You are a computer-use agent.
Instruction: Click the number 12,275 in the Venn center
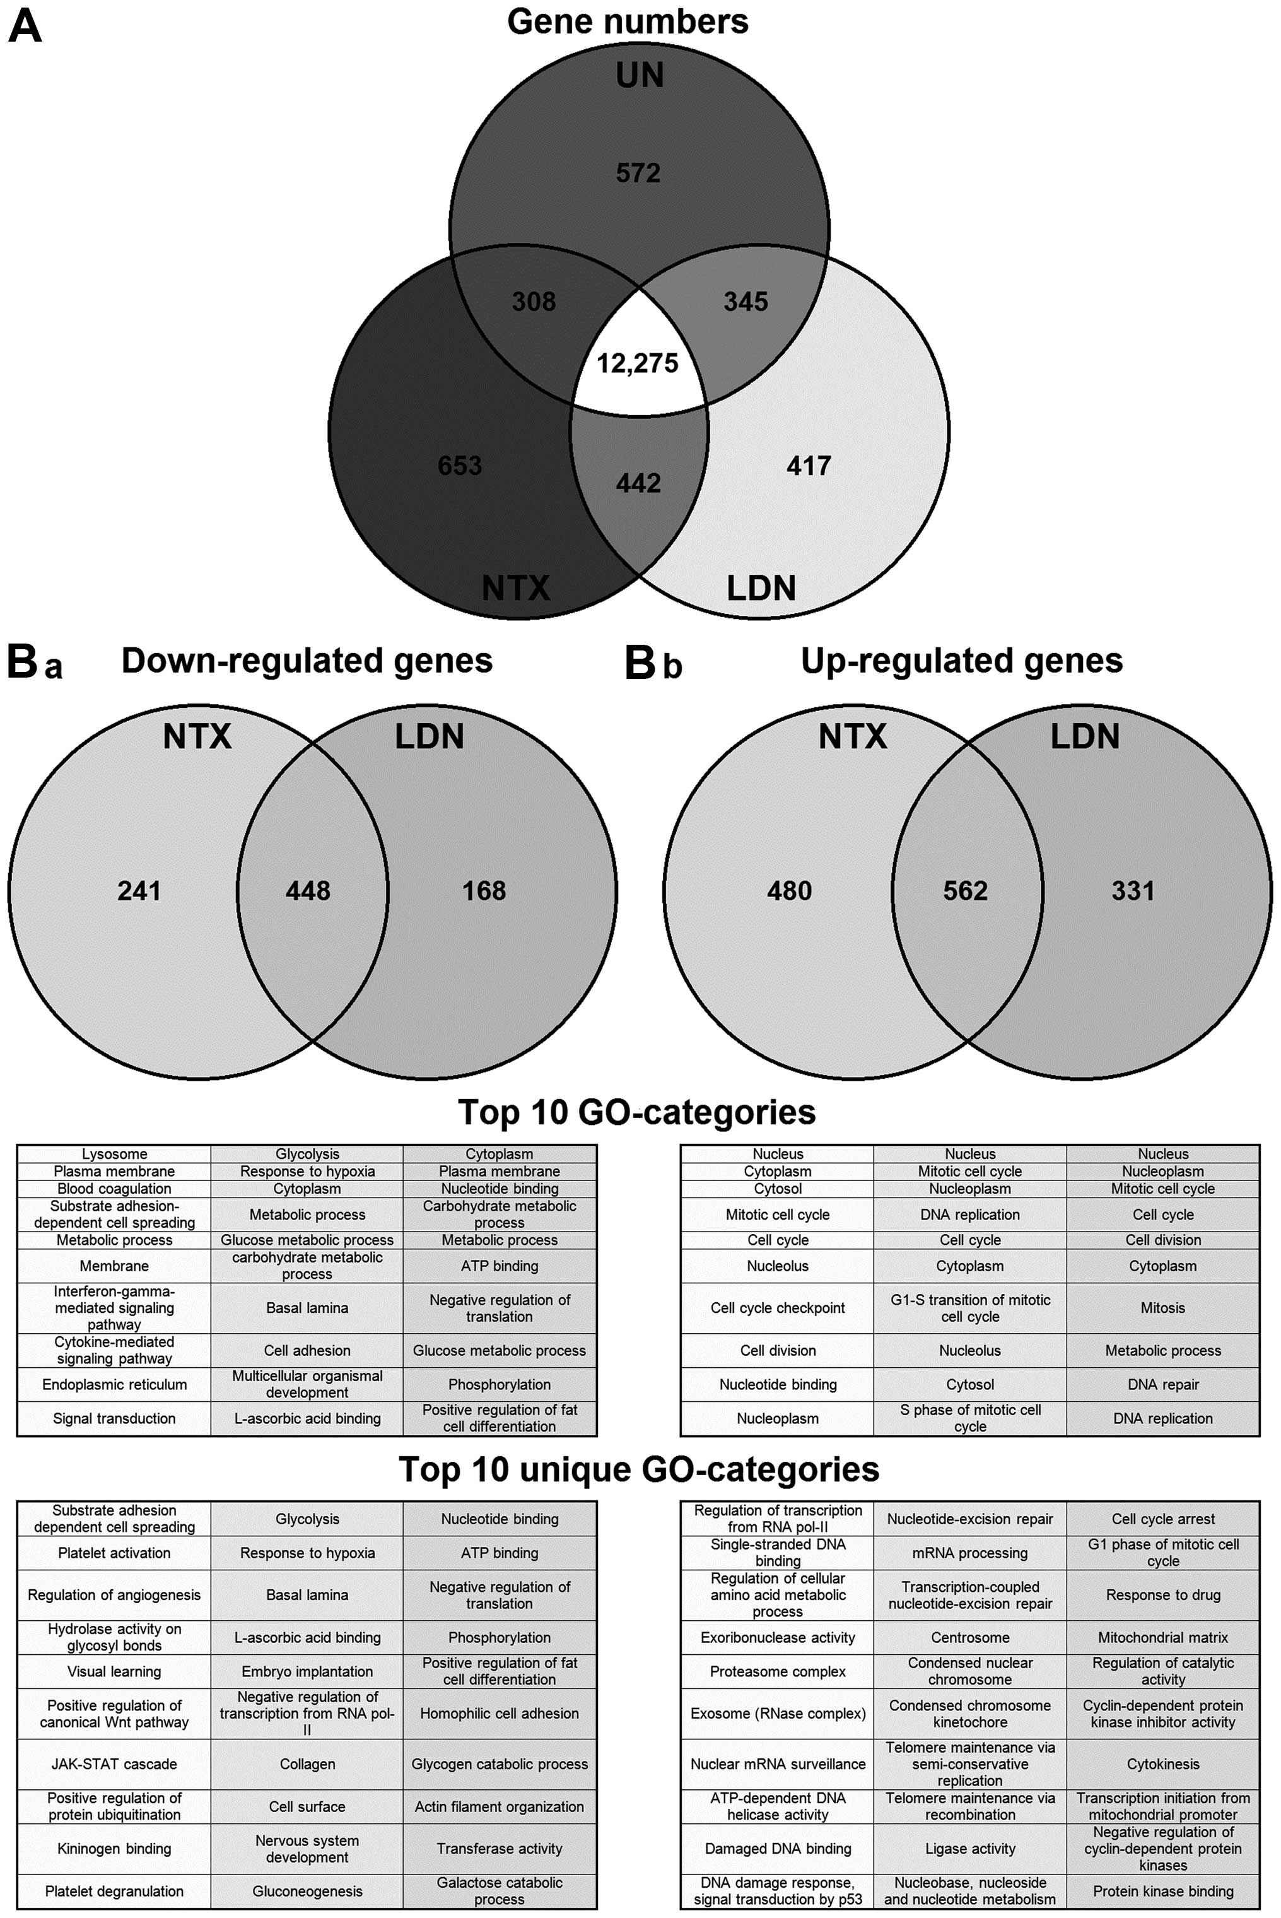click(637, 363)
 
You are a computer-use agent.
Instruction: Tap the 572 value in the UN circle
click(638, 174)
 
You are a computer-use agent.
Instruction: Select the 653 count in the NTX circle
click(460, 466)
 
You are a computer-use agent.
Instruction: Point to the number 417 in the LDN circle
click(809, 466)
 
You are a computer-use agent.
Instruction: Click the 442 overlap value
click(638, 483)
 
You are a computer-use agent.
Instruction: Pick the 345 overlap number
click(745, 302)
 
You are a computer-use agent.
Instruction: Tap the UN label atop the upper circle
click(640, 76)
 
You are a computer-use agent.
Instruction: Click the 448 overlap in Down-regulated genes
click(308, 891)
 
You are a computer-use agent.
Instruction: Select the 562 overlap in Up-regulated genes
click(966, 891)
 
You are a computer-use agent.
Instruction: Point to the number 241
click(139, 891)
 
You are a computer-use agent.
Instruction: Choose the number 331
click(1133, 891)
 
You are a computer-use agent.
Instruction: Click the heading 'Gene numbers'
click(628, 22)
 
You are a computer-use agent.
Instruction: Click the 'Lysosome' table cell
click(114, 1154)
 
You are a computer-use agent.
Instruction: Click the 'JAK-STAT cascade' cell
click(114, 1764)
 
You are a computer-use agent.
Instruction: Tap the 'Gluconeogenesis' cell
click(307, 1891)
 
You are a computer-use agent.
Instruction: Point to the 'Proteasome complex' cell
click(778, 1672)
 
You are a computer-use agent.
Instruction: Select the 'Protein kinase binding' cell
click(1163, 1891)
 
